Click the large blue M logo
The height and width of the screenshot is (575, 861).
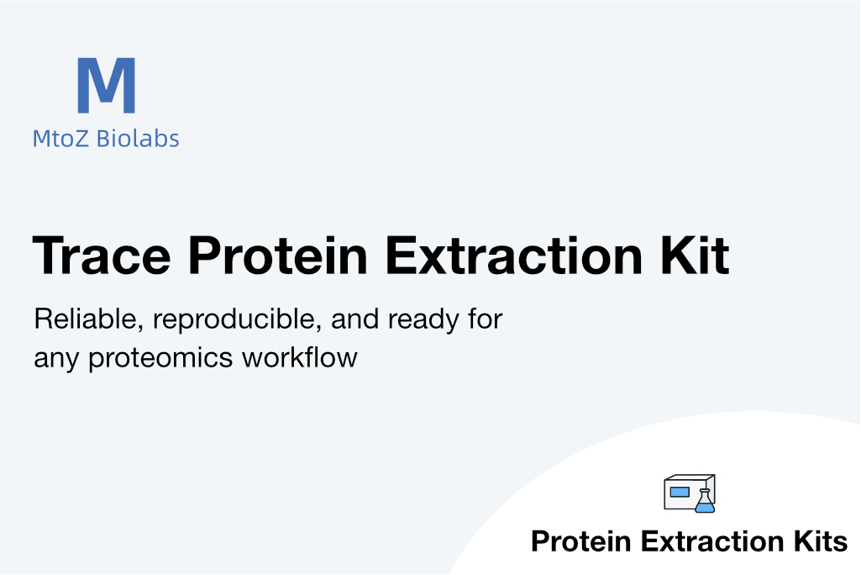point(106,85)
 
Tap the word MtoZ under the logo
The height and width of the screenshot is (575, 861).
point(60,139)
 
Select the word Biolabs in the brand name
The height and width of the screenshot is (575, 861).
point(138,139)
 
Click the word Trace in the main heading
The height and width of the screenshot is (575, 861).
point(102,255)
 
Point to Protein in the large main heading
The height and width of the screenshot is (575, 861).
point(278,255)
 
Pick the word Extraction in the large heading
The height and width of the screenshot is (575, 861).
point(514,255)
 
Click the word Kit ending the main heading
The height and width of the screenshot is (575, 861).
point(696,255)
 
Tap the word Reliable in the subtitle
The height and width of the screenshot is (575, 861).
point(88,319)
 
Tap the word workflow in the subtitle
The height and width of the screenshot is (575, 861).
point(300,357)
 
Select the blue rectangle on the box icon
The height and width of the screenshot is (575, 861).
point(680,492)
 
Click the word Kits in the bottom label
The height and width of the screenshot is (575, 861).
point(821,541)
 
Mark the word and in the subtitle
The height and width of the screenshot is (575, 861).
point(354,319)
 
